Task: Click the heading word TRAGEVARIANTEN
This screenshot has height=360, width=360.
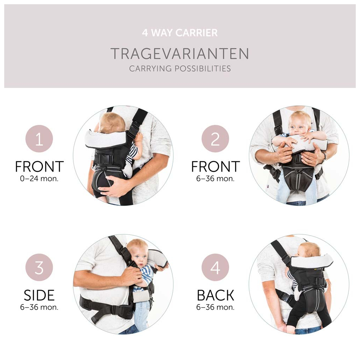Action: coord(180,54)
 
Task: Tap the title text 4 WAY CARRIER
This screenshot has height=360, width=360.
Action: coord(180,33)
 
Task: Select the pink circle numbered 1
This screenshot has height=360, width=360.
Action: coord(39,139)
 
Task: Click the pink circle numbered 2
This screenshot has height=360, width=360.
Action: coord(215,139)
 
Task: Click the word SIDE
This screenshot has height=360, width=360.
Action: coord(39,295)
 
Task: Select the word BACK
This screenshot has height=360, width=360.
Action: coord(215,295)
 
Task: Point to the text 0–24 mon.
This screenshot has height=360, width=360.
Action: coord(39,178)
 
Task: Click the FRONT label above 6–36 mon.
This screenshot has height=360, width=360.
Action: coord(215,167)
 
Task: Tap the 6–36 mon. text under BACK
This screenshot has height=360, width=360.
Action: coord(215,307)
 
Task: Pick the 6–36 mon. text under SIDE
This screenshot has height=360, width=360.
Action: coord(39,307)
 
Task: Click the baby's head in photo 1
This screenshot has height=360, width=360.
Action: coord(111,123)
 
